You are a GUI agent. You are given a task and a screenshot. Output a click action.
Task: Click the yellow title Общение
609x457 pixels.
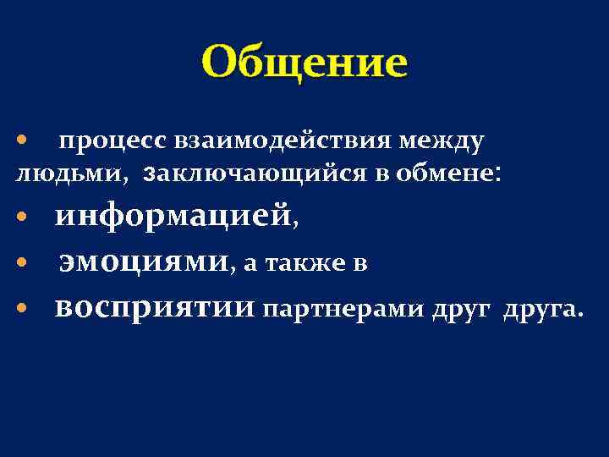[304, 62]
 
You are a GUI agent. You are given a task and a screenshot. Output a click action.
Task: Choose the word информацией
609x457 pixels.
[172, 217]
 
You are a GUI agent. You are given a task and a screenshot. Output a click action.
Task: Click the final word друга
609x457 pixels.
[540, 310]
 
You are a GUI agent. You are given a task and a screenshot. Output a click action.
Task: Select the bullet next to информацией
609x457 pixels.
[24, 218]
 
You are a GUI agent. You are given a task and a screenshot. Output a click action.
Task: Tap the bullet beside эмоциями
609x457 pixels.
[24, 264]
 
